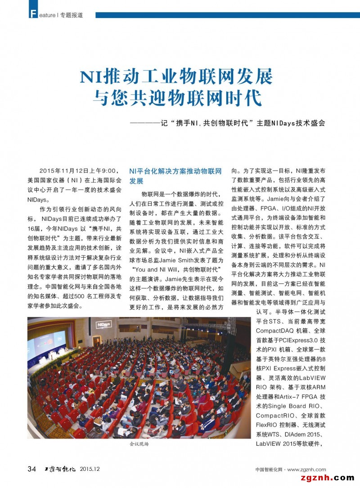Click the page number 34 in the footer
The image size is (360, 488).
pos(32,469)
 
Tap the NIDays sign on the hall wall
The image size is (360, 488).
pos(104,324)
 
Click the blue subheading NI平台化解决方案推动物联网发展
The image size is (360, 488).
pos(175,176)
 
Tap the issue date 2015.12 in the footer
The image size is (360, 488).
pos(90,469)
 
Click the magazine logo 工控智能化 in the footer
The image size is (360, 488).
pos(58,469)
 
